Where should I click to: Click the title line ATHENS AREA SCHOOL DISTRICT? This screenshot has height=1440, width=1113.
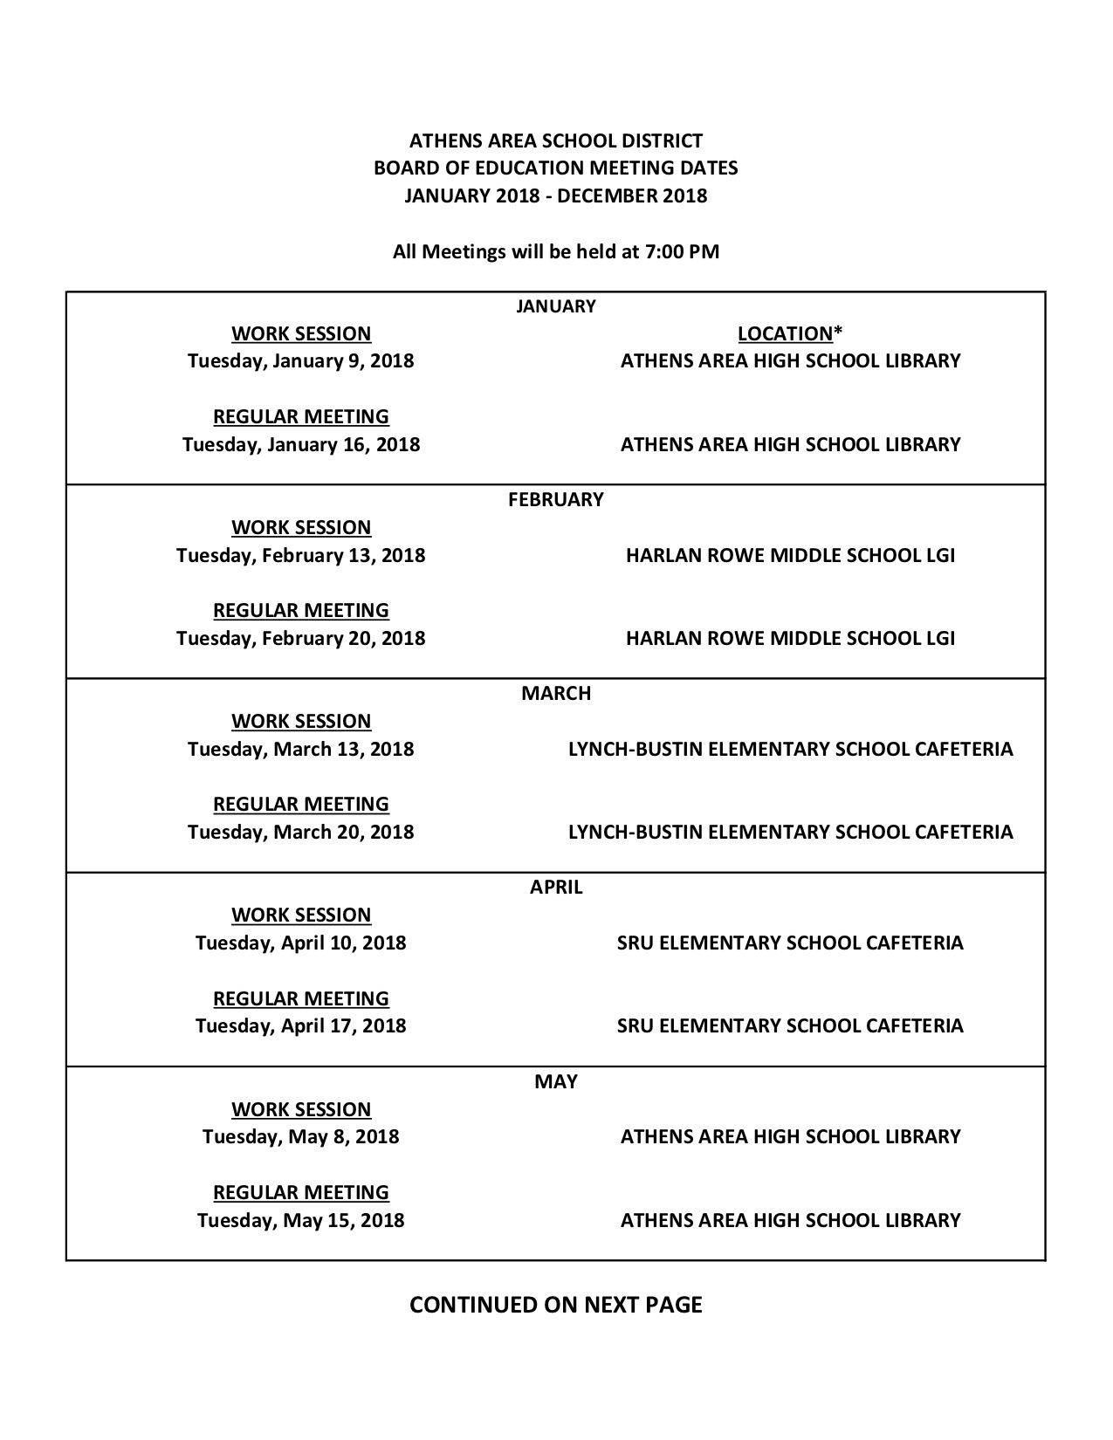tap(556, 141)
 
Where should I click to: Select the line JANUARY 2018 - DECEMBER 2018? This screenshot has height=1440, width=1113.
tap(556, 195)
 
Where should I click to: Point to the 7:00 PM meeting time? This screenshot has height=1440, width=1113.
tap(682, 251)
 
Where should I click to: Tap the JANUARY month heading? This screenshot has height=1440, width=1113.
tap(556, 305)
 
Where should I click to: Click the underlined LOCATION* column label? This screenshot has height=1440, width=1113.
tap(790, 333)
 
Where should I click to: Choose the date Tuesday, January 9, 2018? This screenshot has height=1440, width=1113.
tap(300, 360)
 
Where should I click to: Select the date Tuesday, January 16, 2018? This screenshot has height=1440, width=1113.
tap(300, 444)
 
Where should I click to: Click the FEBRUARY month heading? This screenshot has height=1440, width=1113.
tap(556, 499)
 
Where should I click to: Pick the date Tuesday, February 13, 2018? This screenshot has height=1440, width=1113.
tap(300, 555)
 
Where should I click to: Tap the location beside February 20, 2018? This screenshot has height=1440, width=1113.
tap(790, 638)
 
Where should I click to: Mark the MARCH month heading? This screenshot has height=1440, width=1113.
tap(556, 693)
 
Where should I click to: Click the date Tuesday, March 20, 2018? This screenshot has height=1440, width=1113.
tap(300, 832)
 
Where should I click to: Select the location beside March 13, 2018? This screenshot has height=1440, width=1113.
tap(790, 749)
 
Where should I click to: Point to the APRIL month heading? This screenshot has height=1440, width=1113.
tap(556, 887)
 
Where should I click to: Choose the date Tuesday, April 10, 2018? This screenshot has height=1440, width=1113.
tap(300, 943)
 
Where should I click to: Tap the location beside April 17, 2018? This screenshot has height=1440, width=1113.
tap(790, 1025)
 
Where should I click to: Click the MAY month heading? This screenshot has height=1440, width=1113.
tap(556, 1081)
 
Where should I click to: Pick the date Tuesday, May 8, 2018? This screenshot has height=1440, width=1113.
tap(300, 1136)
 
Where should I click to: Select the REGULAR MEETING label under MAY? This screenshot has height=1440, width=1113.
tap(300, 1192)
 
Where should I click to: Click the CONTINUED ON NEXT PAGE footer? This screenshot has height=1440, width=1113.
tap(556, 1304)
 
